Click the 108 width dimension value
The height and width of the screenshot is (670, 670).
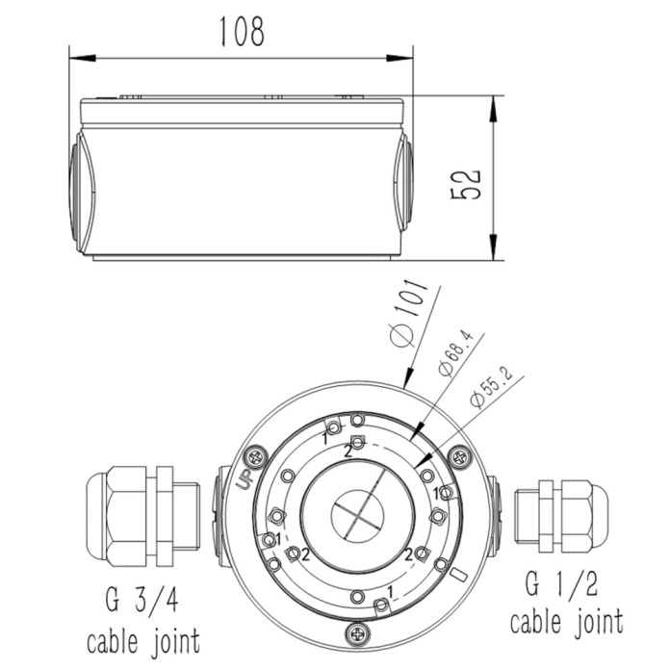(x=243, y=31)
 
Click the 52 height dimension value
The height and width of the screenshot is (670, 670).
(x=466, y=185)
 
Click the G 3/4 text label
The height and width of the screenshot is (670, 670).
(x=142, y=600)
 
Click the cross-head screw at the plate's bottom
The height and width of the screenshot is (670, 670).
(x=357, y=633)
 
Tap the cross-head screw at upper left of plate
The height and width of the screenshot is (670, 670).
(x=256, y=457)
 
